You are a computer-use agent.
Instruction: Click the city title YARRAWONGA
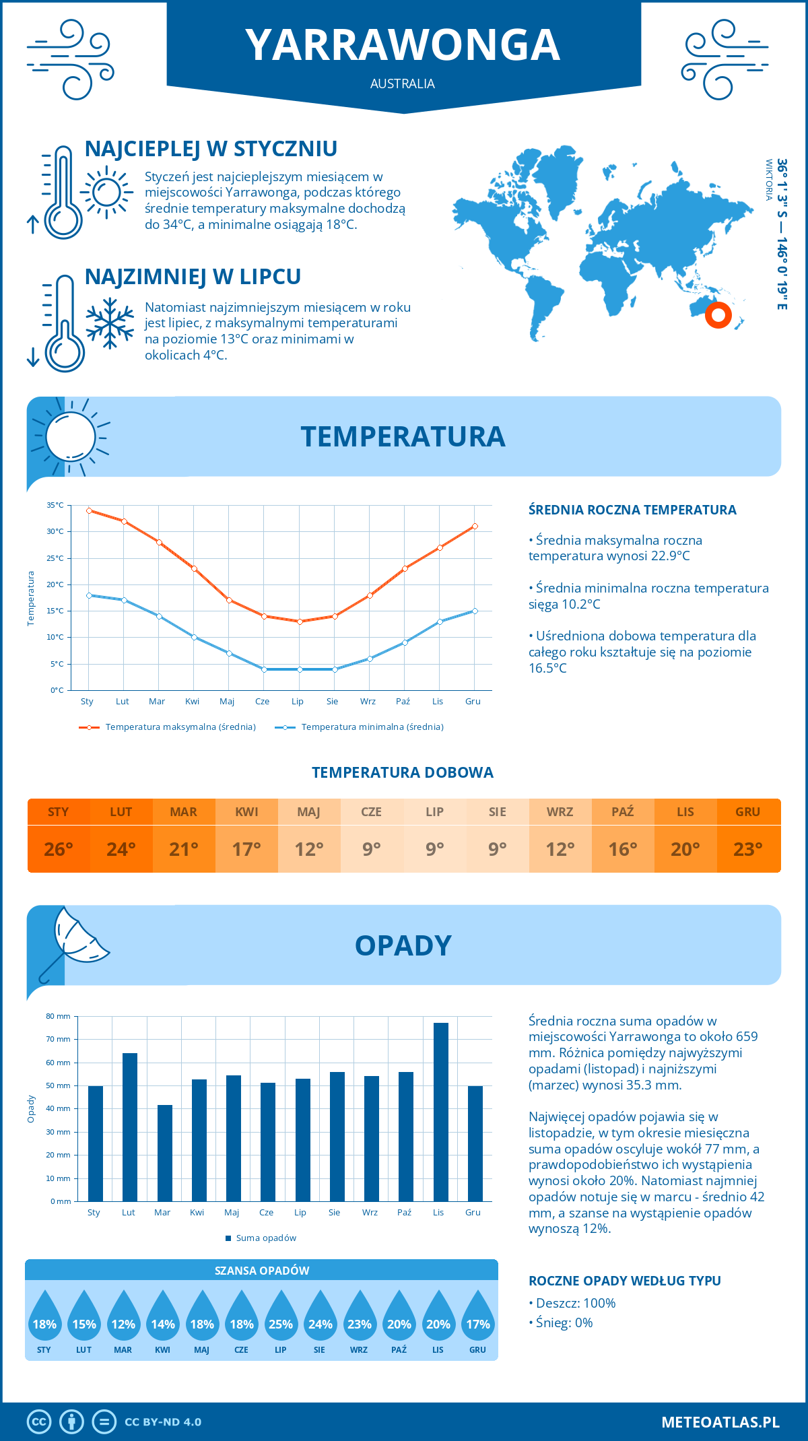click(403, 45)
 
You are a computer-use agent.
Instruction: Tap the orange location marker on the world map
click(718, 314)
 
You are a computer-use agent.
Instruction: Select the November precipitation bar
click(441, 1112)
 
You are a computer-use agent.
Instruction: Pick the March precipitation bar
click(164, 1153)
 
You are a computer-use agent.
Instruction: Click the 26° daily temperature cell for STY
click(59, 849)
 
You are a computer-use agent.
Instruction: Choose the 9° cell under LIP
click(434, 849)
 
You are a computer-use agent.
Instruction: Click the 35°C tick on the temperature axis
click(55, 505)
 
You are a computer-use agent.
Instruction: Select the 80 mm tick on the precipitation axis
click(58, 1016)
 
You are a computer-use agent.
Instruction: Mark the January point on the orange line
click(89, 510)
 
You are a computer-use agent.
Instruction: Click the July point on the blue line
click(300, 669)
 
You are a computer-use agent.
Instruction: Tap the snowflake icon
click(110, 323)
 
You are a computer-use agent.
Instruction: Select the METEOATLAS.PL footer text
click(720, 1421)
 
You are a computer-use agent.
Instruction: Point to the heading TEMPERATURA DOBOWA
click(403, 772)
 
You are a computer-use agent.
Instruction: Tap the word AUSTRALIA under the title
click(403, 83)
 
